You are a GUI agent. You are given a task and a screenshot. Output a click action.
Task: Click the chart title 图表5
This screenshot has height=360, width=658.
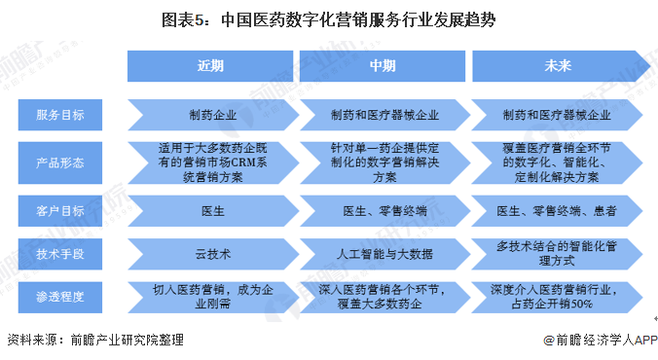click(328, 19)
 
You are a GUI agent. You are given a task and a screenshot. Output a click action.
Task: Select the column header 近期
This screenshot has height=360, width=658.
click(210, 66)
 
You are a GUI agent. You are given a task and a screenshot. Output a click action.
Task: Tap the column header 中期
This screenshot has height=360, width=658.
click(382, 66)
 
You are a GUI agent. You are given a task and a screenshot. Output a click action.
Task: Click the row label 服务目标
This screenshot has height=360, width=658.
click(61, 115)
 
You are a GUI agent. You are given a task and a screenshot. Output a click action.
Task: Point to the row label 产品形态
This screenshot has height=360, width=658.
click(61, 162)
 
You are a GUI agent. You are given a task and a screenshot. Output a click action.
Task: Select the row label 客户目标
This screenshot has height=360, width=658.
click(61, 209)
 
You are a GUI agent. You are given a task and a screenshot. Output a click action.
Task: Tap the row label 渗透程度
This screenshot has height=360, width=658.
click(61, 296)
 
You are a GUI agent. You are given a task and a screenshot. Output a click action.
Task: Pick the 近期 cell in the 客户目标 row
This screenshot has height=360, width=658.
click(210, 209)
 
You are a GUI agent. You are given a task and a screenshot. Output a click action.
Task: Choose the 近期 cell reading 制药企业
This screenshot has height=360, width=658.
click(210, 115)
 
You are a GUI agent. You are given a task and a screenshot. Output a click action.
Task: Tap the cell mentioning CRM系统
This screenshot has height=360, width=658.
click(210, 162)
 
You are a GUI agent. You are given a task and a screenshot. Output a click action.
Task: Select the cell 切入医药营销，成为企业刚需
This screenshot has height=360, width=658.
click(210, 296)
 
